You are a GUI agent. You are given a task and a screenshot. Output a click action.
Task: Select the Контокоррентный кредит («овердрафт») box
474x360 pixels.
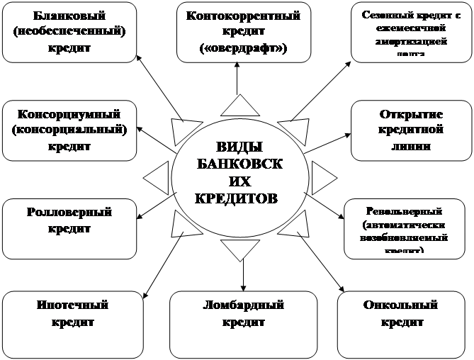237,33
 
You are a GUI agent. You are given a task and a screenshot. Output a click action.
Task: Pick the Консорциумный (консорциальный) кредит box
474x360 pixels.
69,130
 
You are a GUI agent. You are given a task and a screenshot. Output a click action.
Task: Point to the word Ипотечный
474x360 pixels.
72,306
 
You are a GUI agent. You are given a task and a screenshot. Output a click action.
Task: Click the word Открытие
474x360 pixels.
402,114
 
